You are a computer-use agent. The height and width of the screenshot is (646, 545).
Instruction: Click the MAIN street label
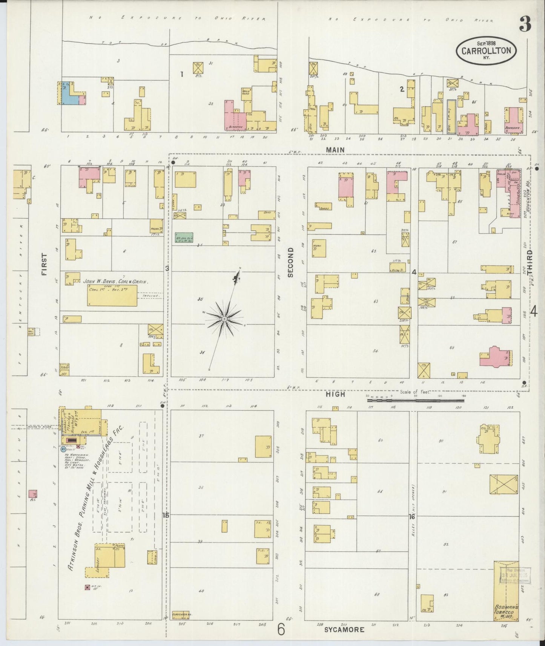coord(335,150)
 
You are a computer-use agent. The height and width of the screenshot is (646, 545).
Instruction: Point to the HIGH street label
coord(335,394)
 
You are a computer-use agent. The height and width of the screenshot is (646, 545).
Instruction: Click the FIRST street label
coord(45,264)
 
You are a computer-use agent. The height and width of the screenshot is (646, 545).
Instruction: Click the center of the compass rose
coord(224,319)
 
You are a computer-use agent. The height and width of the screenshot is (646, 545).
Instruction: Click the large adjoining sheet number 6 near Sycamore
coord(281,629)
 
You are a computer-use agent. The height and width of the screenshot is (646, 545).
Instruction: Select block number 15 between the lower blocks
coord(166,516)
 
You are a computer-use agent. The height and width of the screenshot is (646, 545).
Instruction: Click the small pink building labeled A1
coord(33,493)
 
